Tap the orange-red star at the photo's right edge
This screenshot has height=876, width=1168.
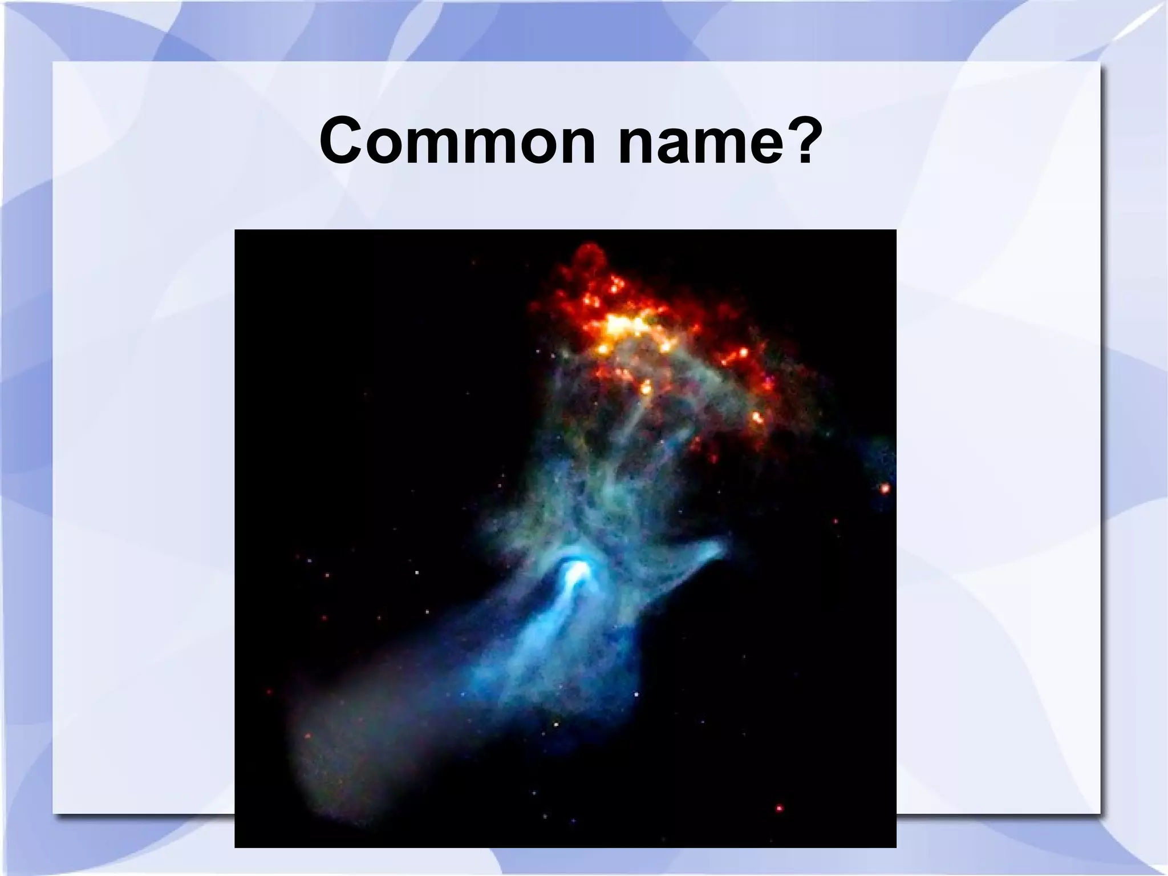click(885, 489)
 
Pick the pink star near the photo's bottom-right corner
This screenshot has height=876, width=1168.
click(779, 808)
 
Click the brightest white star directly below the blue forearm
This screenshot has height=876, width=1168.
click(556, 725)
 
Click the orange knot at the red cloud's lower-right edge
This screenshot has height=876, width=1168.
click(758, 417)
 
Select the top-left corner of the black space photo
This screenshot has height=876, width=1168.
click(236, 231)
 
